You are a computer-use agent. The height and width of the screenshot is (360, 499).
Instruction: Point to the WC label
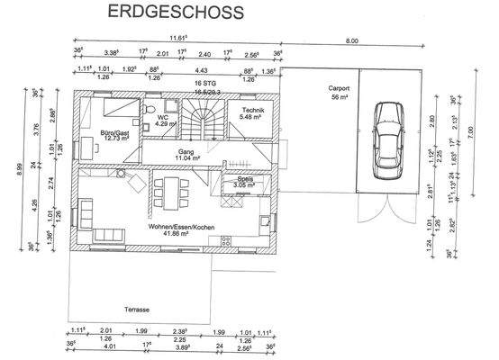[x=164, y=117]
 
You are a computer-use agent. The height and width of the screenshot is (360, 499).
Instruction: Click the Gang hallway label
[x=187, y=152]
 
